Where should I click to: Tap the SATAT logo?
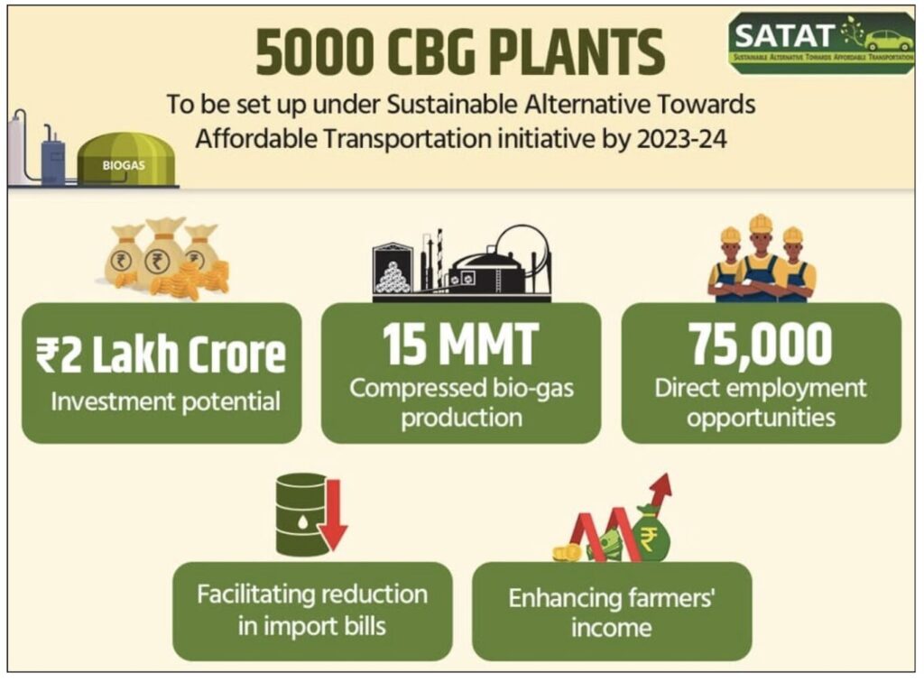(x=821, y=42)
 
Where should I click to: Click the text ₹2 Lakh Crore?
(x=161, y=355)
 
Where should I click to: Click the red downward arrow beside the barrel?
(x=334, y=514)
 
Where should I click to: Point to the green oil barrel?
(x=301, y=514)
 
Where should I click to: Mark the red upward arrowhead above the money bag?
(x=661, y=486)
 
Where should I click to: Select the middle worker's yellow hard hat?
(x=760, y=224)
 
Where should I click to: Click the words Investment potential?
(x=166, y=402)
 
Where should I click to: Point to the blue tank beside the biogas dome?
(x=53, y=158)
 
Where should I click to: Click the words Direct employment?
(x=760, y=389)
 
